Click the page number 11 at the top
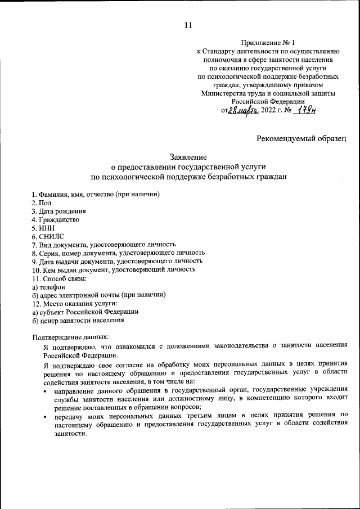coord(188,25)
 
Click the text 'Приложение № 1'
coord(268,42)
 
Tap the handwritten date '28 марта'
coord(242,111)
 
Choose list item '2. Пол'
coord(42,202)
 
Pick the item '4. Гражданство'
coord(56,219)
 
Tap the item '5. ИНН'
coord(43,227)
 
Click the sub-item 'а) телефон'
coord(49,286)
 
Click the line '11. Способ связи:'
coord(59,278)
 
